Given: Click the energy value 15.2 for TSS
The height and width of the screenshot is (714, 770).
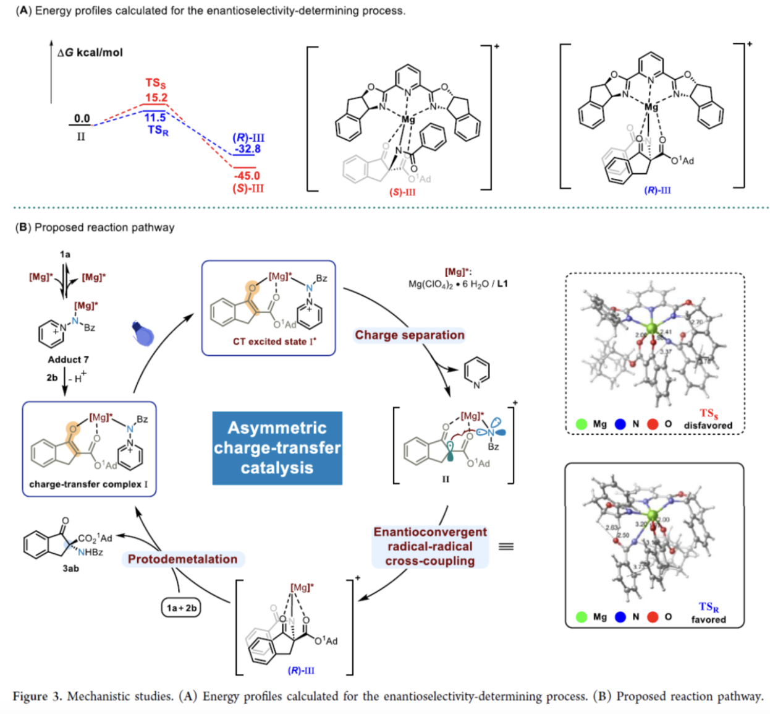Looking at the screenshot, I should pyautogui.click(x=156, y=97).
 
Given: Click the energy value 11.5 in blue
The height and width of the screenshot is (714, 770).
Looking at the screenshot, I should pyautogui.click(x=155, y=117).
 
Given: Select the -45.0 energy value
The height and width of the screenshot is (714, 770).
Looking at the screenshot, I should pyautogui.click(x=247, y=176).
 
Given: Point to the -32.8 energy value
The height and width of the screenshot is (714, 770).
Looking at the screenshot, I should pyautogui.click(x=247, y=148).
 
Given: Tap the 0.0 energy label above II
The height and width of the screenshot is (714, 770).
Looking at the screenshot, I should pyautogui.click(x=82, y=118).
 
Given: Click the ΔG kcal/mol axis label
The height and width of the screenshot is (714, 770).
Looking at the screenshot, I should pyautogui.click(x=90, y=53).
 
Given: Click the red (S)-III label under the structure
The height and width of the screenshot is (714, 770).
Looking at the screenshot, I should pyautogui.click(x=402, y=192).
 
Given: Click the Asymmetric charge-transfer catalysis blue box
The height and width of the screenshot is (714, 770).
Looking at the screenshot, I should pyautogui.click(x=277, y=447).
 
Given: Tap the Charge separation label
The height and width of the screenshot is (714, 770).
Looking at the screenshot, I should pyautogui.click(x=409, y=335).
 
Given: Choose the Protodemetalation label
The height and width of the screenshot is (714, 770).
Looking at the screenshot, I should pyautogui.click(x=182, y=559).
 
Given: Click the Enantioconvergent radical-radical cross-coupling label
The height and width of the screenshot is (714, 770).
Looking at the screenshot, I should pyautogui.click(x=430, y=546).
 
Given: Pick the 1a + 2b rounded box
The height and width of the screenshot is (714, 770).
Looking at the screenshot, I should pyautogui.click(x=182, y=608).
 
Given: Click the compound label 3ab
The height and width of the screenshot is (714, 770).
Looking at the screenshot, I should pyautogui.click(x=70, y=568).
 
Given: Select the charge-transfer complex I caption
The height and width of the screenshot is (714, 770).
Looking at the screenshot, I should pyautogui.click(x=88, y=484).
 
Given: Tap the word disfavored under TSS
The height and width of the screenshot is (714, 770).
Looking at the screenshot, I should pyautogui.click(x=708, y=425).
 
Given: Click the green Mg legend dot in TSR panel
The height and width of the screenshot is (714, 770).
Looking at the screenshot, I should pyautogui.click(x=581, y=616).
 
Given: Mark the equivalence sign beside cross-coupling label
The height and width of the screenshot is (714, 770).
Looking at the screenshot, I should pyautogui.click(x=506, y=546).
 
